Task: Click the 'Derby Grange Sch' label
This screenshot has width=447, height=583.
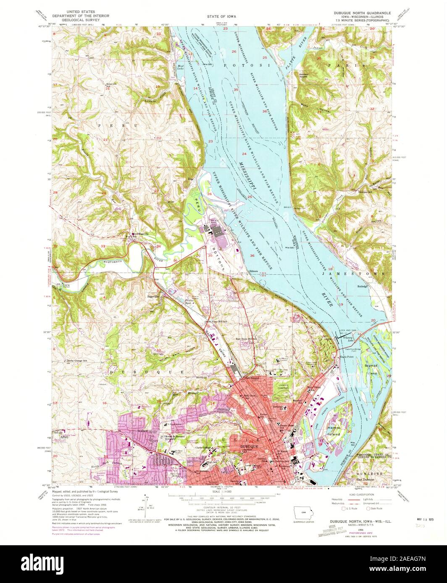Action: pos(79,361)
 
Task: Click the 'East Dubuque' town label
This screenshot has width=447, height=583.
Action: pos(364,479)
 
